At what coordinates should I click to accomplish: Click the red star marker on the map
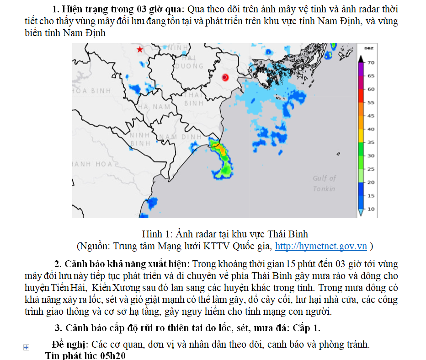tap(140, 49)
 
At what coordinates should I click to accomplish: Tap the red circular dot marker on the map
tap(224, 77)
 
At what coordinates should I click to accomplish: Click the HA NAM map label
tap(154, 107)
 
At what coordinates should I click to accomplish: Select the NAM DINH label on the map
tap(180, 137)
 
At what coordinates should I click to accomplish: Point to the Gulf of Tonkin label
tap(324, 183)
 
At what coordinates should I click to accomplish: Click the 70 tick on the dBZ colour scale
tap(371, 62)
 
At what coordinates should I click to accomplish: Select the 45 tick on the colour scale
tap(371, 116)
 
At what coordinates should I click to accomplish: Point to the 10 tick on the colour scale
tap(371, 209)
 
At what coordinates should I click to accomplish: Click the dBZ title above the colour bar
tap(369, 48)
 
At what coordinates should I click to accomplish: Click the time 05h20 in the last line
tap(111, 355)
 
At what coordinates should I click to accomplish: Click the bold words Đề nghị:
tap(71, 344)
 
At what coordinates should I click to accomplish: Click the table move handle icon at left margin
tap(26, 348)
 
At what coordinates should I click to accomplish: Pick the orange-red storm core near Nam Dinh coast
tap(218, 147)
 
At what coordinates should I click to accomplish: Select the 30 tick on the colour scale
tap(371, 156)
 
